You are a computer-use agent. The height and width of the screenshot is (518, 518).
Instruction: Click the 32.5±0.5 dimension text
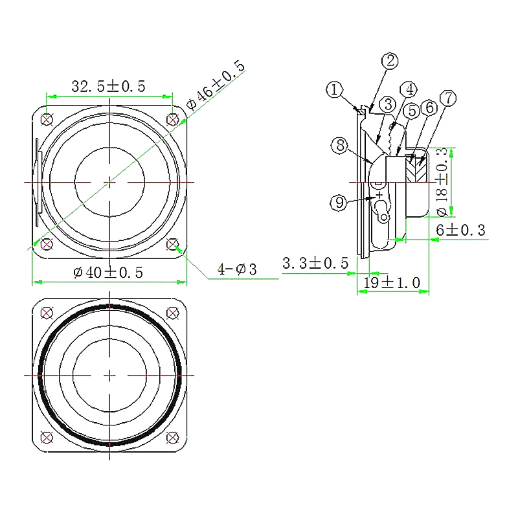tap(108, 86)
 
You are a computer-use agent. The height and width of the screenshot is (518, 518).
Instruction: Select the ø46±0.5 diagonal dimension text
tap(216, 85)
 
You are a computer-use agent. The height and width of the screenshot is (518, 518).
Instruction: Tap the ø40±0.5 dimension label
tap(108, 273)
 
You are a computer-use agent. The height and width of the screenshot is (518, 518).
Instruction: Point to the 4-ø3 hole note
tap(237, 269)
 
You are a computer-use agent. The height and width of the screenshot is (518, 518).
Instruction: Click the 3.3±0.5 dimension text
tap(315, 264)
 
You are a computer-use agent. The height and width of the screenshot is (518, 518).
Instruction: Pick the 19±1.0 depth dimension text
tap(392, 283)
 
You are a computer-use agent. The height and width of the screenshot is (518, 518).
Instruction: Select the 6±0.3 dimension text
tap(460, 230)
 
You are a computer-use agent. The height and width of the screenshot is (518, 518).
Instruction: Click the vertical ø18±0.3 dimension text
tap(442, 182)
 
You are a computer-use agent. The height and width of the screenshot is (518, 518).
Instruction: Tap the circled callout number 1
tap(335, 89)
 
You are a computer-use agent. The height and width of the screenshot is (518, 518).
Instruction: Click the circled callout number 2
tap(390, 61)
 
